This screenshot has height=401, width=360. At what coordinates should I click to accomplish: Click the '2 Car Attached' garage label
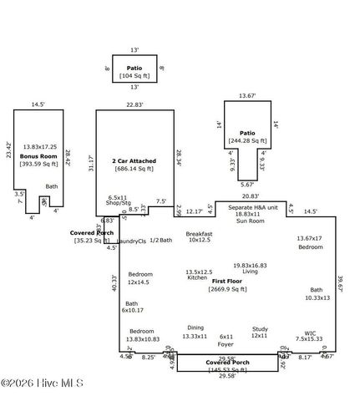click(134, 160)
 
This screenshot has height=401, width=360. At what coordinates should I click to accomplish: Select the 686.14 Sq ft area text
click(134, 170)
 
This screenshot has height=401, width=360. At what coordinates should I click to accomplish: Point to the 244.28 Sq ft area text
click(247, 142)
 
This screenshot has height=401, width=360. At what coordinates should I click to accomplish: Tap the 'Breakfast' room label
click(200, 233)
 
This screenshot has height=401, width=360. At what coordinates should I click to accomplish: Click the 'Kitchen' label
click(196, 277)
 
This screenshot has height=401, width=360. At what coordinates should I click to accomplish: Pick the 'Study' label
click(259, 329)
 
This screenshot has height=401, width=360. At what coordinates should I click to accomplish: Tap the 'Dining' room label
click(194, 328)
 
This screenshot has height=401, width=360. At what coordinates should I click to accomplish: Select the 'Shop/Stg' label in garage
click(118, 203)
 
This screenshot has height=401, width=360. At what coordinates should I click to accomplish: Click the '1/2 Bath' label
click(160, 241)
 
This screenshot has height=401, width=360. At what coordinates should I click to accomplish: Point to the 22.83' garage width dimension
click(134, 104)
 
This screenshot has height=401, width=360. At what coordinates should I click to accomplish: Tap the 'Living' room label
click(250, 272)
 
